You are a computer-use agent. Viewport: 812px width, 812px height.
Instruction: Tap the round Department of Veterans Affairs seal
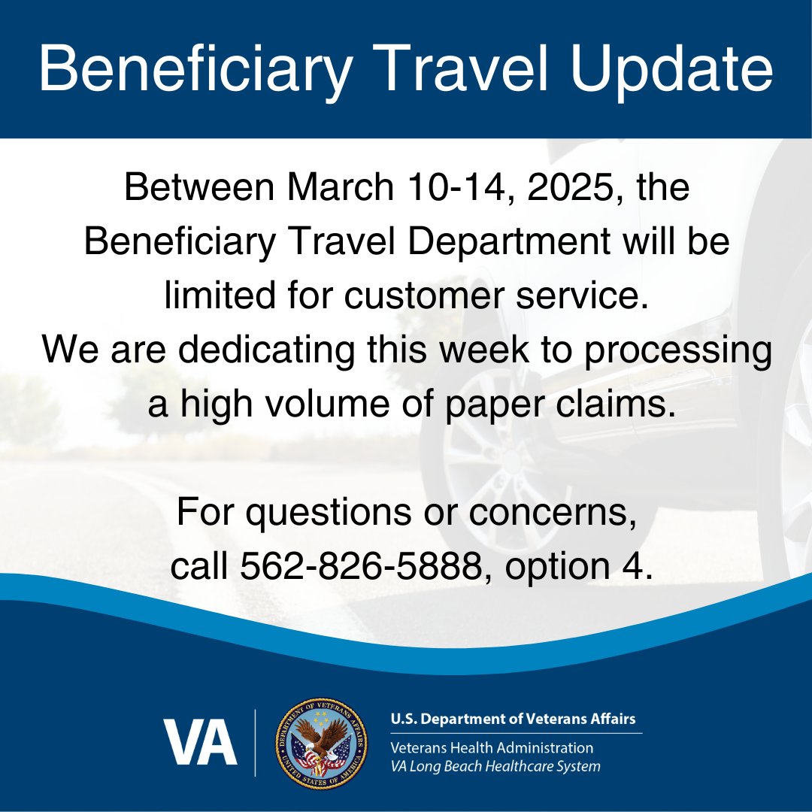[x=322, y=743]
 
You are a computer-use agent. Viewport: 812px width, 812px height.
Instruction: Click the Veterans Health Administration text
[x=491, y=748]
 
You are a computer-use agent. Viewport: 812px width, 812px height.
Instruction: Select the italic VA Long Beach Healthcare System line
[x=495, y=767]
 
